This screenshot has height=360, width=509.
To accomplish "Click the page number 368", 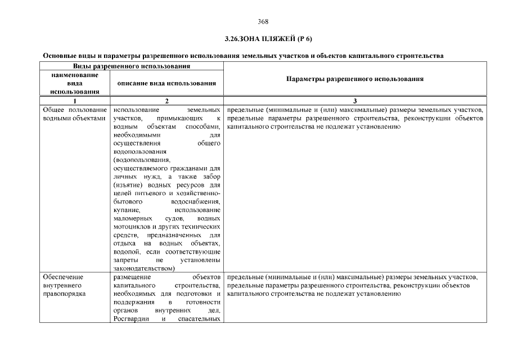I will (263, 22).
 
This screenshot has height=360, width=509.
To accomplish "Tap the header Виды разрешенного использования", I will (132, 66).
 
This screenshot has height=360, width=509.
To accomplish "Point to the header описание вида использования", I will (167, 83).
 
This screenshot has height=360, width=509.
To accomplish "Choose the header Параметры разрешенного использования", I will (354, 79).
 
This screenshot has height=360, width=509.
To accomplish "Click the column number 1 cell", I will (75, 100).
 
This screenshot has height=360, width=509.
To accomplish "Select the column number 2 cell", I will (167, 100).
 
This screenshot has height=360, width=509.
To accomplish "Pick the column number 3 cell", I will (354, 100).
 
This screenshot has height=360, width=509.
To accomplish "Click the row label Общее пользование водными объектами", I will (74, 114).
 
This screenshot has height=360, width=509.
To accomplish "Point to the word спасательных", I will (199, 319).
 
